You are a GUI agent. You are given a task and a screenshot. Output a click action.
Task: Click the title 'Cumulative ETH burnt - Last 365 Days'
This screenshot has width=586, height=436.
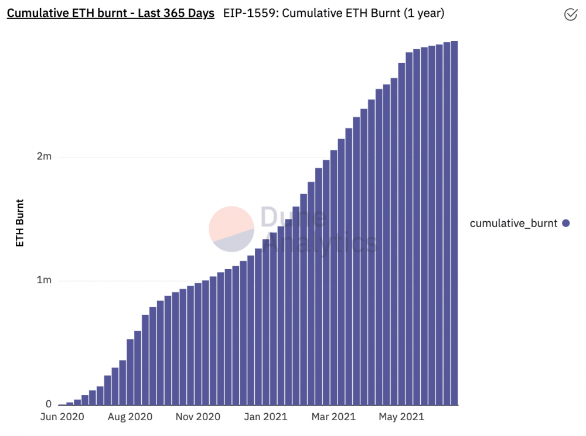click(110, 13)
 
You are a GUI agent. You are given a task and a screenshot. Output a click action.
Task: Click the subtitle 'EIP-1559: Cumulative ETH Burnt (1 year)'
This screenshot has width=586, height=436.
click(333, 13)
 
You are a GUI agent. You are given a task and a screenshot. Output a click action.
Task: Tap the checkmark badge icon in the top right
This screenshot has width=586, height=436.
click(570, 15)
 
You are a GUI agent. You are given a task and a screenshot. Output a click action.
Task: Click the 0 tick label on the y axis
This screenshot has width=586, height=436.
click(49, 404)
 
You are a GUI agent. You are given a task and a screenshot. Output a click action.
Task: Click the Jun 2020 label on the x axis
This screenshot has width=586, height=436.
click(62, 417)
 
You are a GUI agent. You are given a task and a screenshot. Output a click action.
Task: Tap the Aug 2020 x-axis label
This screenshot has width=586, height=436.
click(130, 417)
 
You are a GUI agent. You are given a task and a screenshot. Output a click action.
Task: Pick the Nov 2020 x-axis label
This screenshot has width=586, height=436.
click(198, 417)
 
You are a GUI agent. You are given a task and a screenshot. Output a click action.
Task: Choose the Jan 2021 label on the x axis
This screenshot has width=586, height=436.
click(265, 417)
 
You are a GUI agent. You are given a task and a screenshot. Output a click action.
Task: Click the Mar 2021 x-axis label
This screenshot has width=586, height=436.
click(333, 417)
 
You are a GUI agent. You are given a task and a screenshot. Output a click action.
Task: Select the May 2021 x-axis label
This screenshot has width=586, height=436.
click(401, 417)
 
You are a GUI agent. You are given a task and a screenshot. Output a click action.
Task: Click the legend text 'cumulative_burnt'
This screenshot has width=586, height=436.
click(514, 223)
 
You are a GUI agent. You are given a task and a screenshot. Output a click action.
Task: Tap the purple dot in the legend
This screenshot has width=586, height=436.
click(565, 223)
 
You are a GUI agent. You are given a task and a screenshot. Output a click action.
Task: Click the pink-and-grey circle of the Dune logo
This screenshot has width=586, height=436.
click(231, 229)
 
